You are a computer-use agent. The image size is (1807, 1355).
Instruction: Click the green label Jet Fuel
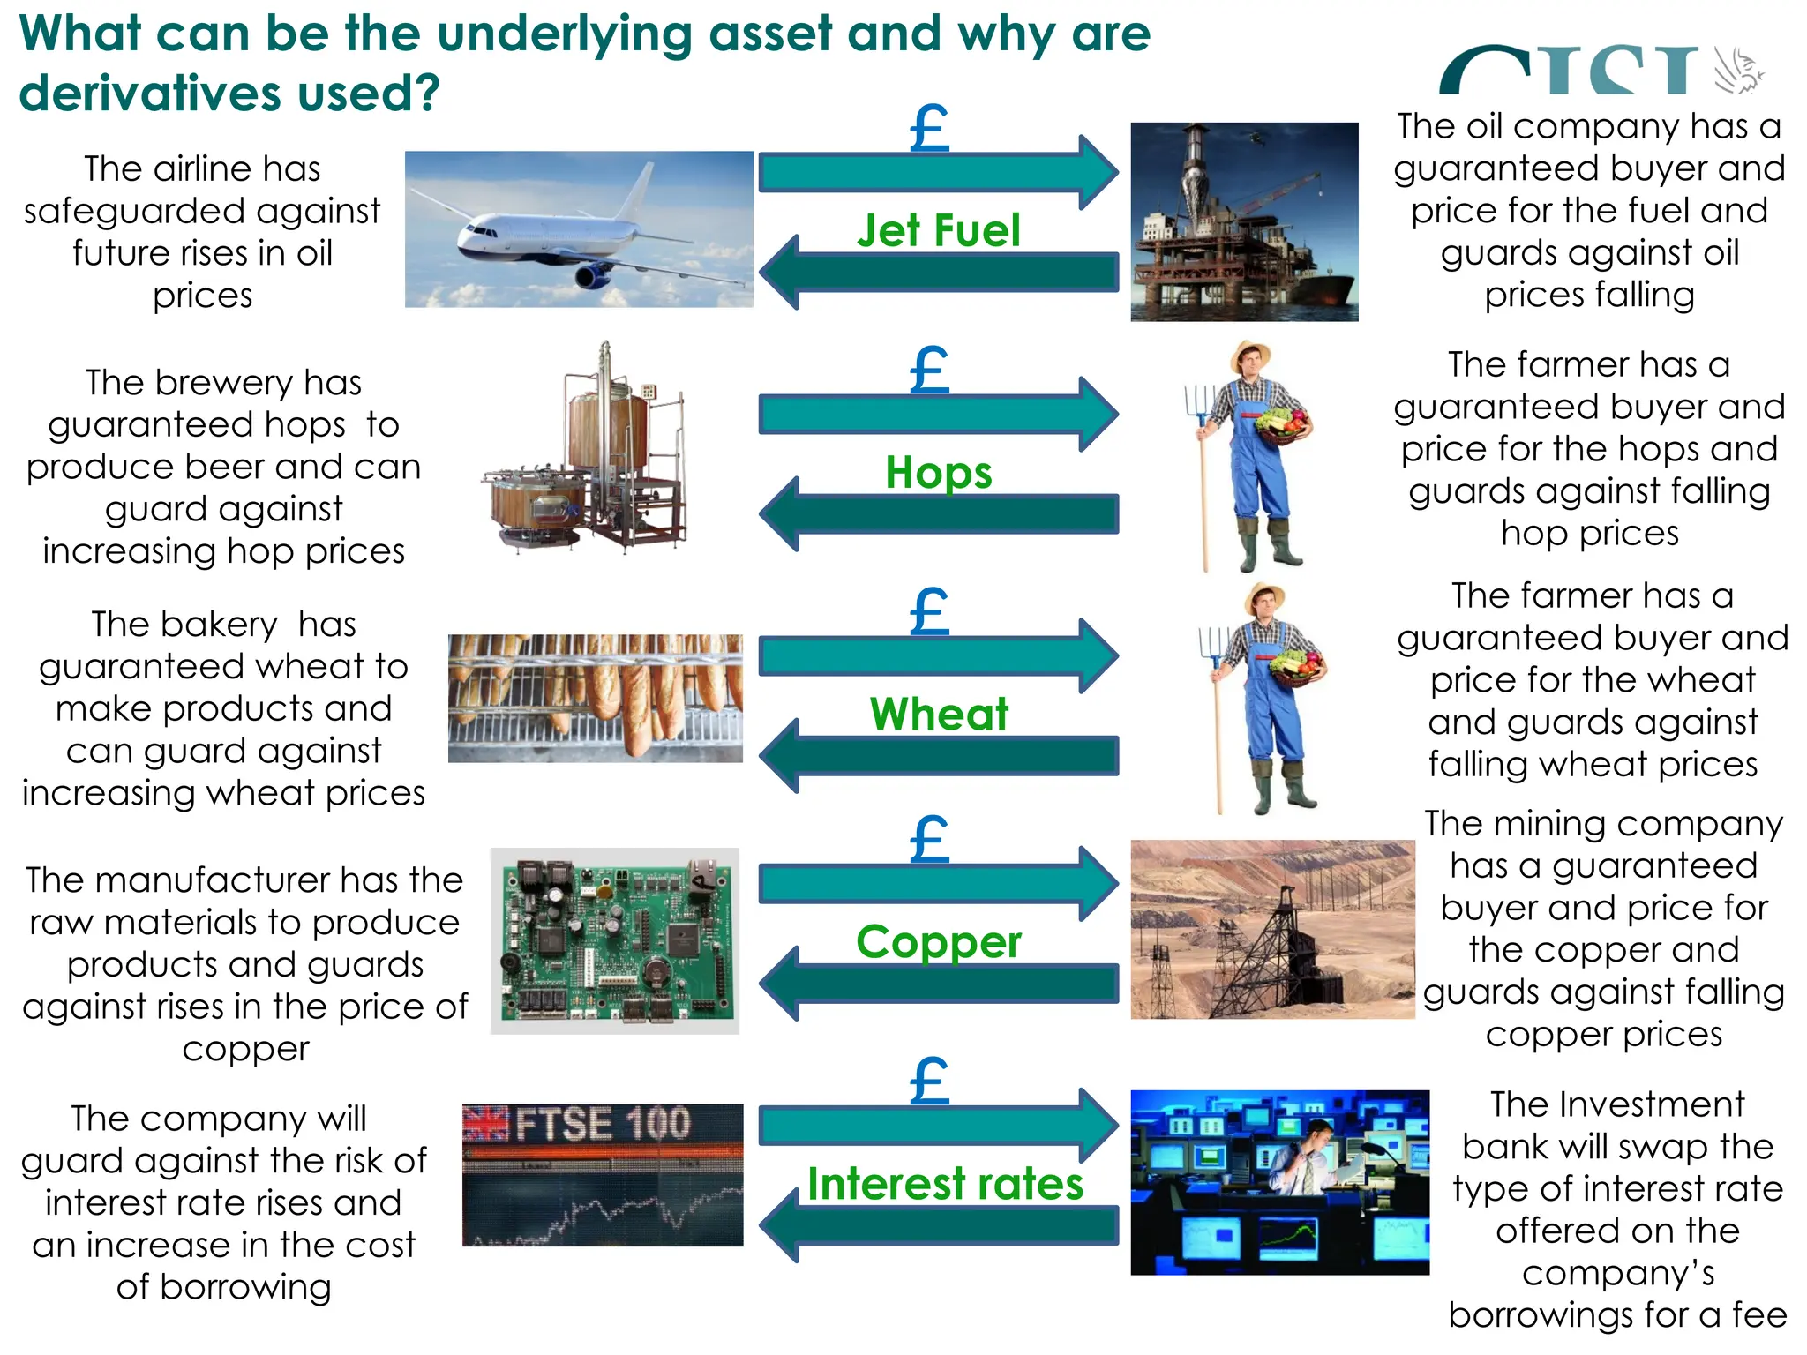tap(939, 230)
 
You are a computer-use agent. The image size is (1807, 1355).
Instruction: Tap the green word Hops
tap(939, 472)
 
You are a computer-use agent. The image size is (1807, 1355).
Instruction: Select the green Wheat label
tap(939, 714)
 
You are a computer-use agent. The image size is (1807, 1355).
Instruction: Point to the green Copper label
tap(939, 941)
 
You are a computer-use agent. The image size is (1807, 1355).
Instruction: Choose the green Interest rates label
tap(945, 1183)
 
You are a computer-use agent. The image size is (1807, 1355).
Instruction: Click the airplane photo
tap(579, 229)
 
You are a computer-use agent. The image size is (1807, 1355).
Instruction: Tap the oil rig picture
tap(1244, 221)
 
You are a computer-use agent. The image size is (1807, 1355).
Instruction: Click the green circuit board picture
tap(615, 940)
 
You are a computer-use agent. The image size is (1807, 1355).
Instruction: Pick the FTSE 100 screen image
tap(603, 1175)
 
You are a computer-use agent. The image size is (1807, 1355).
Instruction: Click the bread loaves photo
tap(596, 698)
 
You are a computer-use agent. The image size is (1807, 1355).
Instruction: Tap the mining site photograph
tap(1272, 929)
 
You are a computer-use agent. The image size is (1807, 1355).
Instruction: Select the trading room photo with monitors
tap(1279, 1182)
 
